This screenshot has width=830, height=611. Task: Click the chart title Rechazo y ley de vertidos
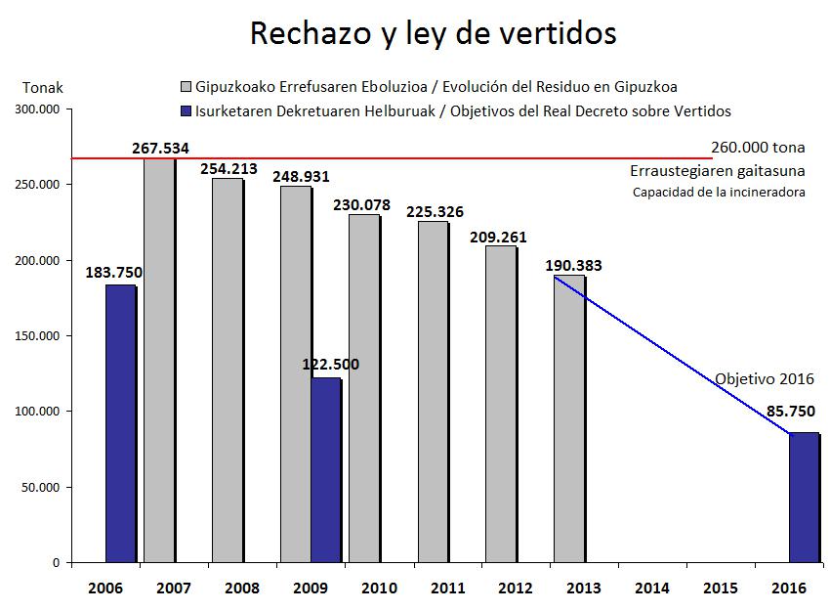click(434, 33)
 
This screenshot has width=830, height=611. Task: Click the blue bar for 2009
click(326, 470)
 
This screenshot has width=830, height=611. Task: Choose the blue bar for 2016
click(804, 498)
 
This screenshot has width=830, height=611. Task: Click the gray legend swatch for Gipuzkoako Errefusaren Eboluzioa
click(187, 87)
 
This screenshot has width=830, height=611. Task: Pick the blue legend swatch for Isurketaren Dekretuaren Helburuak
click(187, 110)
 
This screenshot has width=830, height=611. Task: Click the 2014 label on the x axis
click(651, 588)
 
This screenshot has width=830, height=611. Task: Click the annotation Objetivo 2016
click(764, 379)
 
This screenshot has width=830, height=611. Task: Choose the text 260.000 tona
click(758, 149)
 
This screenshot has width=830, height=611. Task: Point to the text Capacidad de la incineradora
click(719, 192)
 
